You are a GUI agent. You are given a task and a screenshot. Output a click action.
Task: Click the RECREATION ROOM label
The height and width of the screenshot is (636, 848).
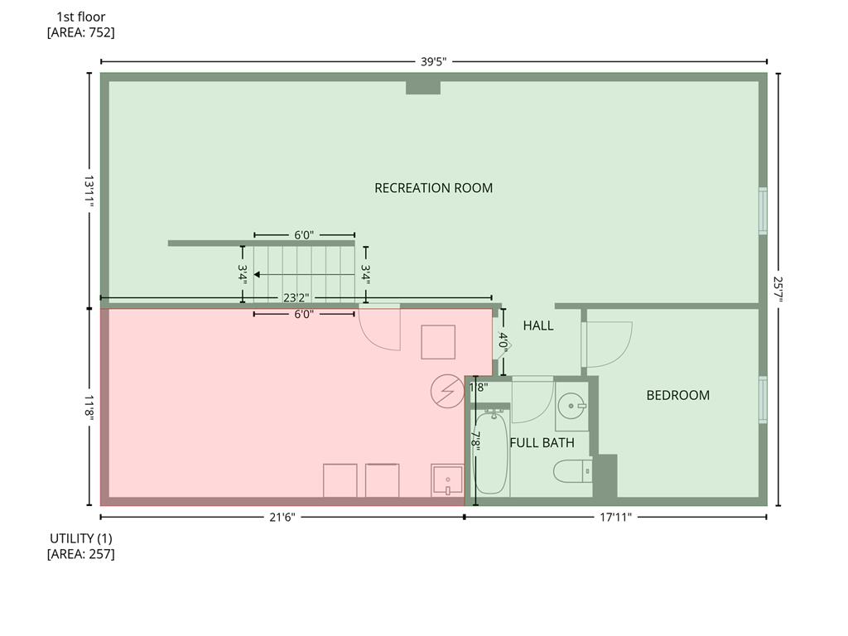click(x=433, y=188)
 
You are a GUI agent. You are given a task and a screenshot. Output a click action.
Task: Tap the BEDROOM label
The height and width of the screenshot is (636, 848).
click(x=677, y=395)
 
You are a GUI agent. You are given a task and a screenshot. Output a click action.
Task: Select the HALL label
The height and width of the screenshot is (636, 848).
click(x=538, y=325)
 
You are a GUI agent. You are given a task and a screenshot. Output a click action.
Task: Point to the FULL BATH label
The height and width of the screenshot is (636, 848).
click(x=542, y=443)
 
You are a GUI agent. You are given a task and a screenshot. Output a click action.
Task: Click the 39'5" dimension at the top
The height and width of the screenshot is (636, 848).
click(x=434, y=61)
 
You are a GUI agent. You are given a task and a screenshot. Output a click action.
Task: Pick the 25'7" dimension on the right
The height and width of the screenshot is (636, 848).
click(x=778, y=289)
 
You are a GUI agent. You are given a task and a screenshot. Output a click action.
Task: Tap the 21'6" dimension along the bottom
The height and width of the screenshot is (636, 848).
click(x=282, y=518)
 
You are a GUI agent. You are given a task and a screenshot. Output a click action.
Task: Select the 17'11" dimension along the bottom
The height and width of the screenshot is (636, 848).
click(x=615, y=518)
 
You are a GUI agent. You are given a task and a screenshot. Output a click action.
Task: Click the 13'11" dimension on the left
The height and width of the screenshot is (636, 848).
click(x=89, y=191)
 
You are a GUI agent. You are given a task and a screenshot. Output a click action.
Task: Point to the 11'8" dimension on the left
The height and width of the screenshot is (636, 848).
click(x=89, y=407)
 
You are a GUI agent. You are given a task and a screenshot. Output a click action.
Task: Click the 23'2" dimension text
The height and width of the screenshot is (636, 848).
click(x=296, y=298)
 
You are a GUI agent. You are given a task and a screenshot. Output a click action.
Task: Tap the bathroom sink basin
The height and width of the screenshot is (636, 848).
click(x=571, y=406)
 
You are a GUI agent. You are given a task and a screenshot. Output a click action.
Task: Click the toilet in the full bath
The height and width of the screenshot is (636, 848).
click(x=573, y=471)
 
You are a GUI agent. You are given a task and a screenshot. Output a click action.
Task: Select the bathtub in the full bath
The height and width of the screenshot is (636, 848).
click(x=491, y=453)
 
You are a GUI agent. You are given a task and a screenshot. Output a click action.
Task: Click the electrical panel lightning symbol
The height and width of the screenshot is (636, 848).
click(x=448, y=391)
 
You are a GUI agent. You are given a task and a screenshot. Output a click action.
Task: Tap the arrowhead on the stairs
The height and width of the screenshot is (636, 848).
click(x=257, y=275)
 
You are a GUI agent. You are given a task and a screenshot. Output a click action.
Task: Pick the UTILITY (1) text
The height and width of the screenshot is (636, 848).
click(x=81, y=538)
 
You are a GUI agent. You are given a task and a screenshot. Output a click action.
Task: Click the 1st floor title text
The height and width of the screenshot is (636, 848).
click(x=81, y=17)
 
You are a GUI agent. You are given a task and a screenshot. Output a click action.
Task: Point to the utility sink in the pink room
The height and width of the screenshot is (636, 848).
click(x=447, y=480)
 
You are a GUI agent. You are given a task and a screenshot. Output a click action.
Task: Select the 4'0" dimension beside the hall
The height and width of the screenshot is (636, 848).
click(x=503, y=342)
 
